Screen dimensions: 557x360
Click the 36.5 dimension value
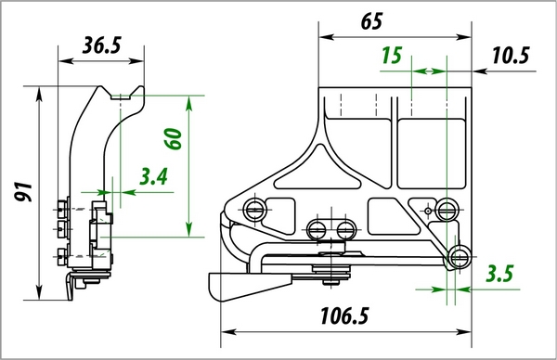pyautogui.click(x=101, y=45)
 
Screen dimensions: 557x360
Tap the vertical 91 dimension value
pyautogui.click(x=23, y=192)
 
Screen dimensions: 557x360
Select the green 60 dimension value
pyautogui.click(x=173, y=138)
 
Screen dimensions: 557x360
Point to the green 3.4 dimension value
pyautogui.click(x=153, y=176)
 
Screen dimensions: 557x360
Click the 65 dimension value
pyautogui.click(x=371, y=21)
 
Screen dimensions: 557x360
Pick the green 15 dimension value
pyautogui.click(x=392, y=55)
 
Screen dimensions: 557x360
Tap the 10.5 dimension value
pyautogui.click(x=511, y=56)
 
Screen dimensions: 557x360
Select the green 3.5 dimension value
pyautogui.click(x=499, y=274)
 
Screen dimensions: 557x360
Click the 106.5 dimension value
pyautogui.click(x=344, y=315)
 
